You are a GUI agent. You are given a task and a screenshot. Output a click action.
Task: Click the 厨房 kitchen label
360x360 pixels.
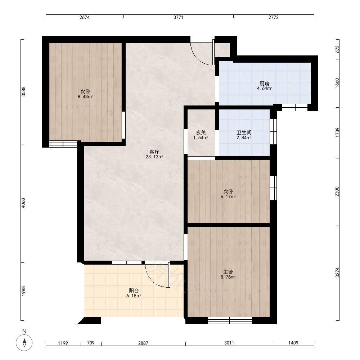coord(265,84)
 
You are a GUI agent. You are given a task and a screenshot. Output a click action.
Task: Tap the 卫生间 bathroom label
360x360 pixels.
coord(244,132)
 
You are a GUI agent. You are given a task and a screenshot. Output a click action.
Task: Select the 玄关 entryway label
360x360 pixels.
coord(201,132)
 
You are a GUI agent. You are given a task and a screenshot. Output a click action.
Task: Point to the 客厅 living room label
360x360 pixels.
coord(154,152)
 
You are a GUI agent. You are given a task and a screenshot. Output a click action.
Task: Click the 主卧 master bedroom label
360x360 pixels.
coord(228,272)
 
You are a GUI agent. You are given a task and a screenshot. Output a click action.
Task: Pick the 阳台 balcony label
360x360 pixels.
coord(134,291)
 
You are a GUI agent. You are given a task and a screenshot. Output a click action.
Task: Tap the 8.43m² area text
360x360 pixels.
coord(85,96)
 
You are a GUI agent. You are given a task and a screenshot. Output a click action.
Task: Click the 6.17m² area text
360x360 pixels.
coord(228,197)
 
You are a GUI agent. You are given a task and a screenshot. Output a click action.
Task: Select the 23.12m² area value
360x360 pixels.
coord(154,157)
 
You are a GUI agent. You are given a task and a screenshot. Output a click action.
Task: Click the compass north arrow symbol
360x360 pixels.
coord(24,343)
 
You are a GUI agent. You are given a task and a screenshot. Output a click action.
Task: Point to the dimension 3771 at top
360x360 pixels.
coord(178,17)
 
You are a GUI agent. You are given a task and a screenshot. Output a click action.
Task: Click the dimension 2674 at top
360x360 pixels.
coord(85,17)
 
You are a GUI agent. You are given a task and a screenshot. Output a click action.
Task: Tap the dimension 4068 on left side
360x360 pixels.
coord(23,203)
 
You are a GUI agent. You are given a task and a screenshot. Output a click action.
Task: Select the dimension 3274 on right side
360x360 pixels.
coord(337,273)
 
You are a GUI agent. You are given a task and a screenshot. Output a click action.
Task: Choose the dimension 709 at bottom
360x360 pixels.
coord(91,343)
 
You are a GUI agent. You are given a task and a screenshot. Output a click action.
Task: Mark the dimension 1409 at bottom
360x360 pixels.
coord(293,343)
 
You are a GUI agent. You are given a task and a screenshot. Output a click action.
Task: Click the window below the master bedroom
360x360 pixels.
coord(230,320)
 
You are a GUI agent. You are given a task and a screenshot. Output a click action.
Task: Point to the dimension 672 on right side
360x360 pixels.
coord(337,49)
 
